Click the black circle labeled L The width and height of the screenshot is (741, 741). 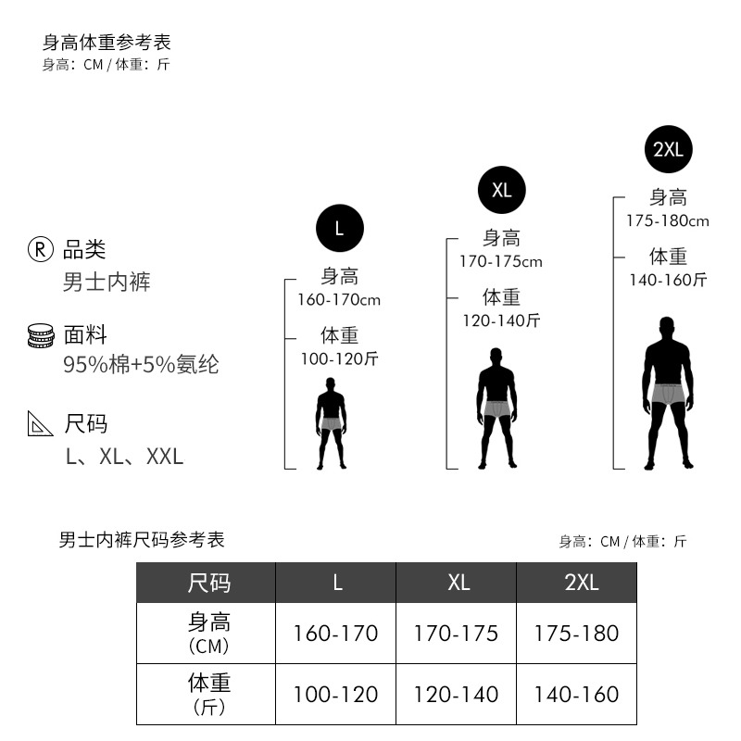[339, 229]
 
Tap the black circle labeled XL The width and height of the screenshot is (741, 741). [501, 190]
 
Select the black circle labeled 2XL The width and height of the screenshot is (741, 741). [668, 149]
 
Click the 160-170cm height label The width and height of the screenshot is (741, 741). [339, 300]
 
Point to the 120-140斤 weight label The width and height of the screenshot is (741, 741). [501, 320]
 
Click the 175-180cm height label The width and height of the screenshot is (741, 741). [667, 220]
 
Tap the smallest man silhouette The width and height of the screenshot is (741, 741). [331, 423]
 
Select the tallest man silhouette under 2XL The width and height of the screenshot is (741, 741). [668, 394]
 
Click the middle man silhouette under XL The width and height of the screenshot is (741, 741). [497, 408]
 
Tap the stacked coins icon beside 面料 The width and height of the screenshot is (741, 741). [41, 335]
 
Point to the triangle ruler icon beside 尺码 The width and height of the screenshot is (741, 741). [41, 423]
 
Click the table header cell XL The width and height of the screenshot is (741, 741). [458, 583]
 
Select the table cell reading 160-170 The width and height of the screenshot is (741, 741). [335, 634]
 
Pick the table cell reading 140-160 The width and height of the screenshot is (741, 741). [576, 694]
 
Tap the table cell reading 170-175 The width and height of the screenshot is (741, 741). [456, 634]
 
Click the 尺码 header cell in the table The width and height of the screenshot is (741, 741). [207, 583]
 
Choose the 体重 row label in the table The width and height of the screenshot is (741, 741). [207, 693]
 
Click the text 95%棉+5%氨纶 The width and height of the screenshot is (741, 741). [141, 365]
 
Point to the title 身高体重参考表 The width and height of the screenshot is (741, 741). [107, 43]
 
